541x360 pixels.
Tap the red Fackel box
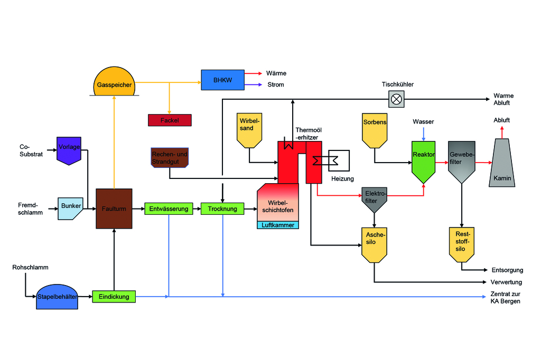pos(170,120)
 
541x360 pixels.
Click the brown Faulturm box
pos(114,209)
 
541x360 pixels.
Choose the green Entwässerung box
pos(169,209)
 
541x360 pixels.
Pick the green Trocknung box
pos(222,209)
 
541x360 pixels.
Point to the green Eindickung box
pos(114,297)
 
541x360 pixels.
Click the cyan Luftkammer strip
pos(278,225)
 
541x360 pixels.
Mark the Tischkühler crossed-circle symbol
pos(395,99)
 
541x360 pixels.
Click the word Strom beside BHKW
pos(275,84)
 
